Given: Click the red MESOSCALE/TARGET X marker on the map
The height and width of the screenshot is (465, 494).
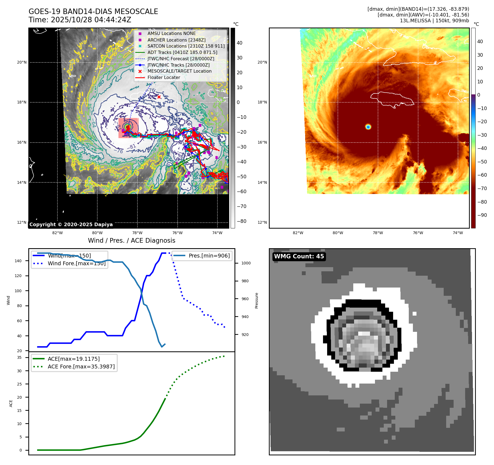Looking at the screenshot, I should tap(159, 97).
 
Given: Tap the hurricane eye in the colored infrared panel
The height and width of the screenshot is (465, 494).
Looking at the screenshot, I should tap(368, 127).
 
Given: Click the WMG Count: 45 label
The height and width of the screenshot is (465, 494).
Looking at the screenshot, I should tap(299, 256).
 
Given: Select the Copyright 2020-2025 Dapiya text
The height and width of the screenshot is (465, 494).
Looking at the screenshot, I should tap(71, 225).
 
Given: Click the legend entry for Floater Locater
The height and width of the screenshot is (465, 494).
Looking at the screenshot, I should tap(164, 78).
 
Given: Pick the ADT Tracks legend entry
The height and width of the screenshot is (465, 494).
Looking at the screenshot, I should tap(182, 52).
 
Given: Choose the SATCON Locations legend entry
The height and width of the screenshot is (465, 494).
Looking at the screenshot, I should tap(186, 46).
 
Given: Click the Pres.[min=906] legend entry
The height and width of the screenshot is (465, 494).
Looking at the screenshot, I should tap(209, 256).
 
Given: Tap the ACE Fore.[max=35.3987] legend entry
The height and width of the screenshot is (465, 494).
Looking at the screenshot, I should tap(81, 366).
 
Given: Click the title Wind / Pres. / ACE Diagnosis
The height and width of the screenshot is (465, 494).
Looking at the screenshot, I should tap(131, 240).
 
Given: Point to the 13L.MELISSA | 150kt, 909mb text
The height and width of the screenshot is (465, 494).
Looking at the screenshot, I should tap(434, 21).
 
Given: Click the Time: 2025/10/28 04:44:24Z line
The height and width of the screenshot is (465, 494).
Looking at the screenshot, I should tap(80, 20).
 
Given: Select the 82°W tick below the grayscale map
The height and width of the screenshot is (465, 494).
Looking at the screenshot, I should tap(57, 233).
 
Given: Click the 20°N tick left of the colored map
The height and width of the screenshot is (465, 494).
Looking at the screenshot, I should tap(262, 62).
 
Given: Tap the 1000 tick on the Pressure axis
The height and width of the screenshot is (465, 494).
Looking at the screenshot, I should tap(246, 263).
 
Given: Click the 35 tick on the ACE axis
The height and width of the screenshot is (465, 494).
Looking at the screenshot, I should tap(19, 357).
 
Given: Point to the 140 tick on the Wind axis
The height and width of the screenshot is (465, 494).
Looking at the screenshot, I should tap(18, 261).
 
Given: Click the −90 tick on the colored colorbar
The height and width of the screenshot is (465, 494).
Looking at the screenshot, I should tap(482, 215).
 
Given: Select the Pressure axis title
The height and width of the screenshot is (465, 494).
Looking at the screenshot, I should tap(256, 300).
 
